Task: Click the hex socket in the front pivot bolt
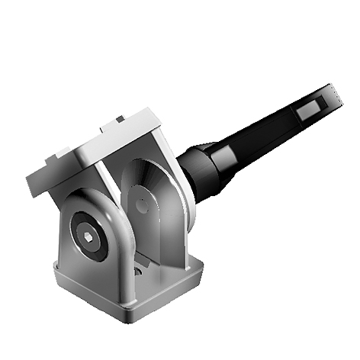tap(91, 236)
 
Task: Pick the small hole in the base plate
tap(137, 271)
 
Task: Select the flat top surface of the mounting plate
tap(107, 141)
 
